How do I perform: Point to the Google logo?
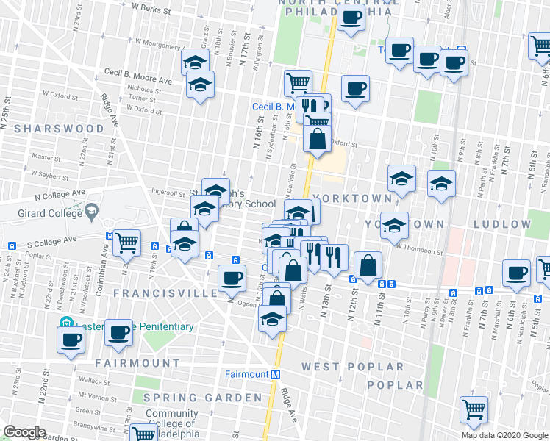(x=24, y=432)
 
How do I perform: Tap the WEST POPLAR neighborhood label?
(x=354, y=367)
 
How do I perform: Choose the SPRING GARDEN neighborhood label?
(x=202, y=398)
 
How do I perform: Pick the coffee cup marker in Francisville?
(x=232, y=277)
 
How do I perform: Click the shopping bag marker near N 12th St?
(x=368, y=265)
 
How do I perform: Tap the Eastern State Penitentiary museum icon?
(x=65, y=323)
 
